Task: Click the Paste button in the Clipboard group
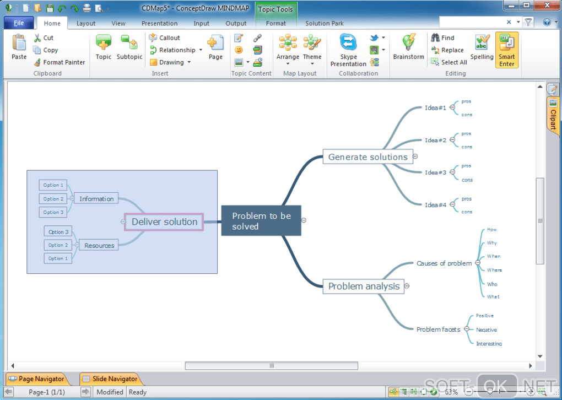click(19, 47)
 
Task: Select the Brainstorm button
click(408, 47)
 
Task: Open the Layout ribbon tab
click(85, 24)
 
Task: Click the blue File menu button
click(19, 23)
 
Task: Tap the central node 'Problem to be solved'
click(261, 221)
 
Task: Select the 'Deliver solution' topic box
click(164, 222)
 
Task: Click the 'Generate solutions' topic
click(368, 157)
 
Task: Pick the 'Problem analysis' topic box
click(364, 287)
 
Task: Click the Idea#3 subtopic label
click(435, 172)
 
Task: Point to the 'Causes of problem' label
click(444, 263)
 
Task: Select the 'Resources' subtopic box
click(99, 246)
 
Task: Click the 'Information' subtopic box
click(96, 199)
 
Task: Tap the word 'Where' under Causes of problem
click(494, 271)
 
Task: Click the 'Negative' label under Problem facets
click(486, 330)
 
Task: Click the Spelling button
click(482, 47)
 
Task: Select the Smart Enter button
click(506, 50)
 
